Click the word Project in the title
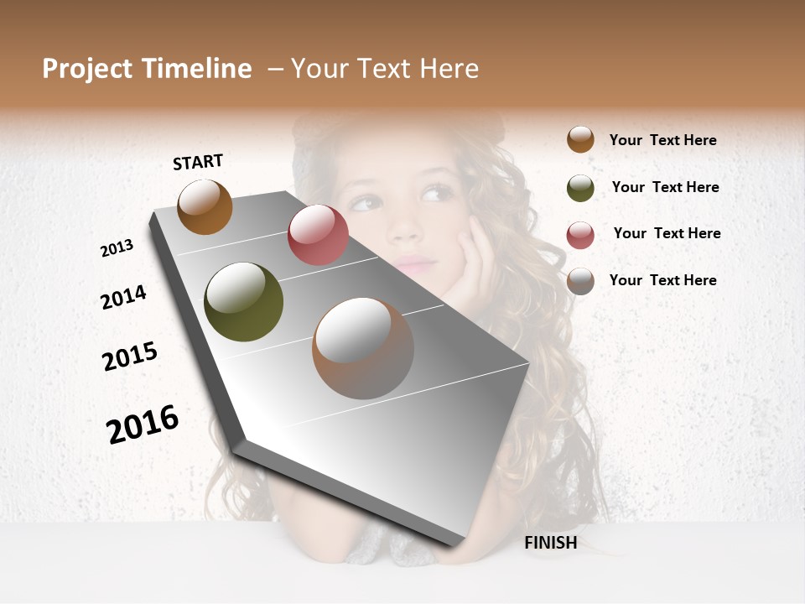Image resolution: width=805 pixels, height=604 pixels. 87,69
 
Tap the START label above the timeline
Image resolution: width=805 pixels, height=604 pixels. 198,162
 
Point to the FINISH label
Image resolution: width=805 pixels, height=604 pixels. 551,543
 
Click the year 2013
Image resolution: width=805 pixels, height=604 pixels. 117,248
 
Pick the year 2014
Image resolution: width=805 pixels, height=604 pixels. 123,297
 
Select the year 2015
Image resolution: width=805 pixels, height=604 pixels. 130,356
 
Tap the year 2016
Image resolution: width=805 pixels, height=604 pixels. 143,424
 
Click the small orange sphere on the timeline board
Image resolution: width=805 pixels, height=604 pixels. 205,206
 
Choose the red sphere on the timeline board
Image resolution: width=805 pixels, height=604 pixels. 318,235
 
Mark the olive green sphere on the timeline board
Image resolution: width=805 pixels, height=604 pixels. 243,302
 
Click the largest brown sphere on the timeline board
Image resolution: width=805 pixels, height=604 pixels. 363,348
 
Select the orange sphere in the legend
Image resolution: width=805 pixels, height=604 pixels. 580,139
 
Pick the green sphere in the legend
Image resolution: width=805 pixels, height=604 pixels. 580,188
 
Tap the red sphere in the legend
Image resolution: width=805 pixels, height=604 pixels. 580,235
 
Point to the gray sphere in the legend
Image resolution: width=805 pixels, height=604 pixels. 580,281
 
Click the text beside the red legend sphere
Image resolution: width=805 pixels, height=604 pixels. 667,233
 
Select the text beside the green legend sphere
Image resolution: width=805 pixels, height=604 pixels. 665,187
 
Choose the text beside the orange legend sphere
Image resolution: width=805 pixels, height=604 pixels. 662,140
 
